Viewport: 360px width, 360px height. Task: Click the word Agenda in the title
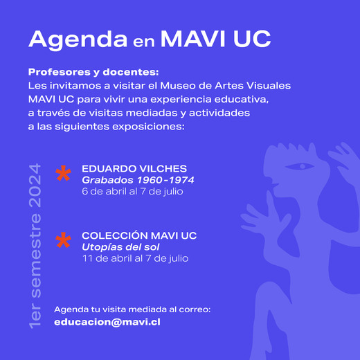pos(78,40)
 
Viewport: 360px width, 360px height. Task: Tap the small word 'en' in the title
pos(143,42)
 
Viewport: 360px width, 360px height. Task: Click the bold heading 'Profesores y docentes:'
pos(93,72)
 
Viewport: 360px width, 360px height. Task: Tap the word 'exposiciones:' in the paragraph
pos(148,127)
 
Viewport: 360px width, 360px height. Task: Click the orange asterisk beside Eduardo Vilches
pos(63,174)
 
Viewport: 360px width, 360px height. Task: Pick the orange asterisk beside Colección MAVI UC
pos(63,240)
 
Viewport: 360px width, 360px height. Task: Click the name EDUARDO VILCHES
pos(134,169)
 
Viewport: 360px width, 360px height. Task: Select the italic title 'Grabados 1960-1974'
pos(138,180)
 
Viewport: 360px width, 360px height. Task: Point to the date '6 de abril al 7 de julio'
pos(132,191)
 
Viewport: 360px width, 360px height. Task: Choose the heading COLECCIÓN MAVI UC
pos(139,235)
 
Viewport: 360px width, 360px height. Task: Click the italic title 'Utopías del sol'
pos(120,247)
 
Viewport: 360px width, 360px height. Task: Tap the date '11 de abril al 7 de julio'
pos(136,258)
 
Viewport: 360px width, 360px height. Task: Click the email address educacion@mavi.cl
pos(107,322)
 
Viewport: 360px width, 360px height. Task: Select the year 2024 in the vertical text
pos(35,186)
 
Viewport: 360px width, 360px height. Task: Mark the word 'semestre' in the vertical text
pos(35,255)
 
